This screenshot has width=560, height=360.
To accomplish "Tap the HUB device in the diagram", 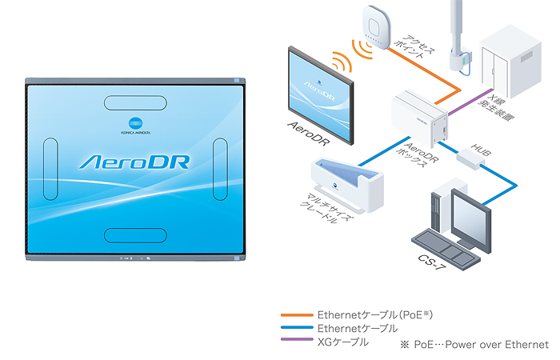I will (470, 158).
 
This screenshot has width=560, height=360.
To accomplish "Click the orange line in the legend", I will (295, 314).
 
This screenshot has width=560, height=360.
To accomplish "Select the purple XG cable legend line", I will (295, 342).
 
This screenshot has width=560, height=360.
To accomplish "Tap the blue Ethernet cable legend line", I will (295, 328).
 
